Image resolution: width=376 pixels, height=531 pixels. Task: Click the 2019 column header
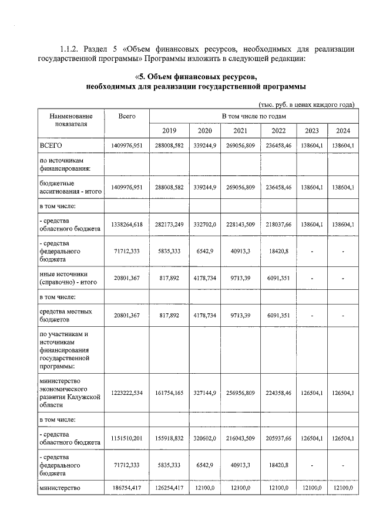(x=169, y=130)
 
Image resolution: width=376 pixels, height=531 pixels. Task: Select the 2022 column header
(x=275, y=130)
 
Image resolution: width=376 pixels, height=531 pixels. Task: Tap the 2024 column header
(x=343, y=130)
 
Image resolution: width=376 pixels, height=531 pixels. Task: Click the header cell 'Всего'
(x=127, y=117)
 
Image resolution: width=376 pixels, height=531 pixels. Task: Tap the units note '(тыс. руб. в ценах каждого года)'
(x=306, y=104)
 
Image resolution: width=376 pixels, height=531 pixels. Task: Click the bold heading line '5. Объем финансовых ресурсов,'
(x=196, y=77)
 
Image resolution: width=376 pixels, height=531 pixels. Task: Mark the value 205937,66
(x=275, y=437)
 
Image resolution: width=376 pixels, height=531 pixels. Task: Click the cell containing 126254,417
(x=169, y=488)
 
